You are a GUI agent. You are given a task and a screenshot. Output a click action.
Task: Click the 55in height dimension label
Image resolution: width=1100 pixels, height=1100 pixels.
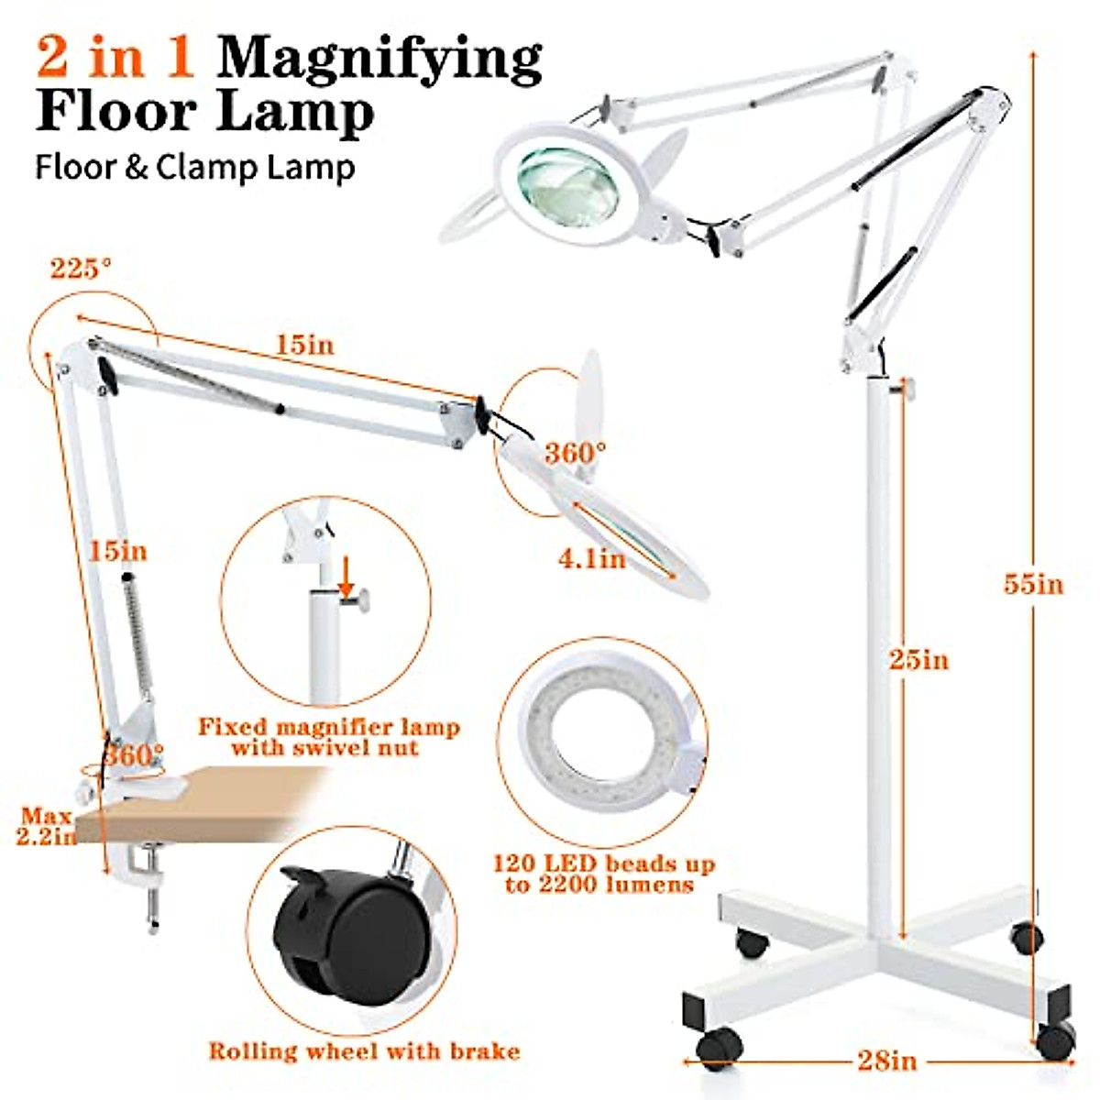pyautogui.click(x=1033, y=584)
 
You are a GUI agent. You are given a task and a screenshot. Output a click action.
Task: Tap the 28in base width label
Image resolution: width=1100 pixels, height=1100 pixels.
pyautogui.click(x=886, y=1061)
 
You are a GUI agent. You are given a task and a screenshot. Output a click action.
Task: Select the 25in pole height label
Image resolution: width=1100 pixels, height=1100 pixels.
pyautogui.click(x=918, y=660)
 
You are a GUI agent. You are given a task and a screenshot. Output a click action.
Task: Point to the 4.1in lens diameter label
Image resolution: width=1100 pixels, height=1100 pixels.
pyautogui.click(x=592, y=558)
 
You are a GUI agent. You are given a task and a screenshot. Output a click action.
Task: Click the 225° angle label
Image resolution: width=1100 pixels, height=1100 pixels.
pyautogui.click(x=81, y=269)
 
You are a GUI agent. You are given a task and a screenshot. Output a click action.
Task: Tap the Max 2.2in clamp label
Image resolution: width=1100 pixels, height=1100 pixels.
pyautogui.click(x=46, y=826)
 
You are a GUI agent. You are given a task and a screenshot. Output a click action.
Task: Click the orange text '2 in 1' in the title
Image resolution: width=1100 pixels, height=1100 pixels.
pyautogui.click(x=115, y=57)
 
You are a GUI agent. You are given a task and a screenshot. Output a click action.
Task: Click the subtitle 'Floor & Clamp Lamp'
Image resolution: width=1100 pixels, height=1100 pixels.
pyautogui.click(x=194, y=168)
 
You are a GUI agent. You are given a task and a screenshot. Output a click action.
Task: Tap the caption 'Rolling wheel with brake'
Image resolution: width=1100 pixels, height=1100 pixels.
pyautogui.click(x=364, y=1050)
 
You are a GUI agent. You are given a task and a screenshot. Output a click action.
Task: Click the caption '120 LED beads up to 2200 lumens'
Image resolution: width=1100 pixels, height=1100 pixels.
pyautogui.click(x=603, y=874)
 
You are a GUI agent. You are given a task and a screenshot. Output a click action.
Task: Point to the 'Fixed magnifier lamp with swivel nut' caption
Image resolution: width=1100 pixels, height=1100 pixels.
pyautogui.click(x=329, y=737)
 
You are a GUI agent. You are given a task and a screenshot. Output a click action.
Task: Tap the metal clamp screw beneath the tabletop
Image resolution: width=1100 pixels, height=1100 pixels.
pyautogui.click(x=152, y=894)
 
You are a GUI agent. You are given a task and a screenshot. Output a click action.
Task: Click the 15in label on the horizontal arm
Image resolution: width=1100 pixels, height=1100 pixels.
pyautogui.click(x=304, y=345)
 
